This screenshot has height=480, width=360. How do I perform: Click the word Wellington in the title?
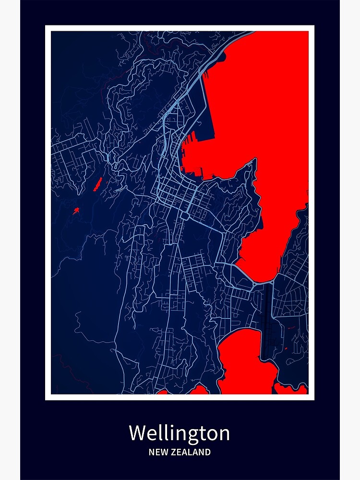(179, 433)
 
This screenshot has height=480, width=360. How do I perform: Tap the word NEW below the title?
(158, 452)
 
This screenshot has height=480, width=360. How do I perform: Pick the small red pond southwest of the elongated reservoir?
(76, 210)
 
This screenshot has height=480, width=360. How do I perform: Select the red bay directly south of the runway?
(245, 360)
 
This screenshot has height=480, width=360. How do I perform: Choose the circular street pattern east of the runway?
(291, 302)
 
